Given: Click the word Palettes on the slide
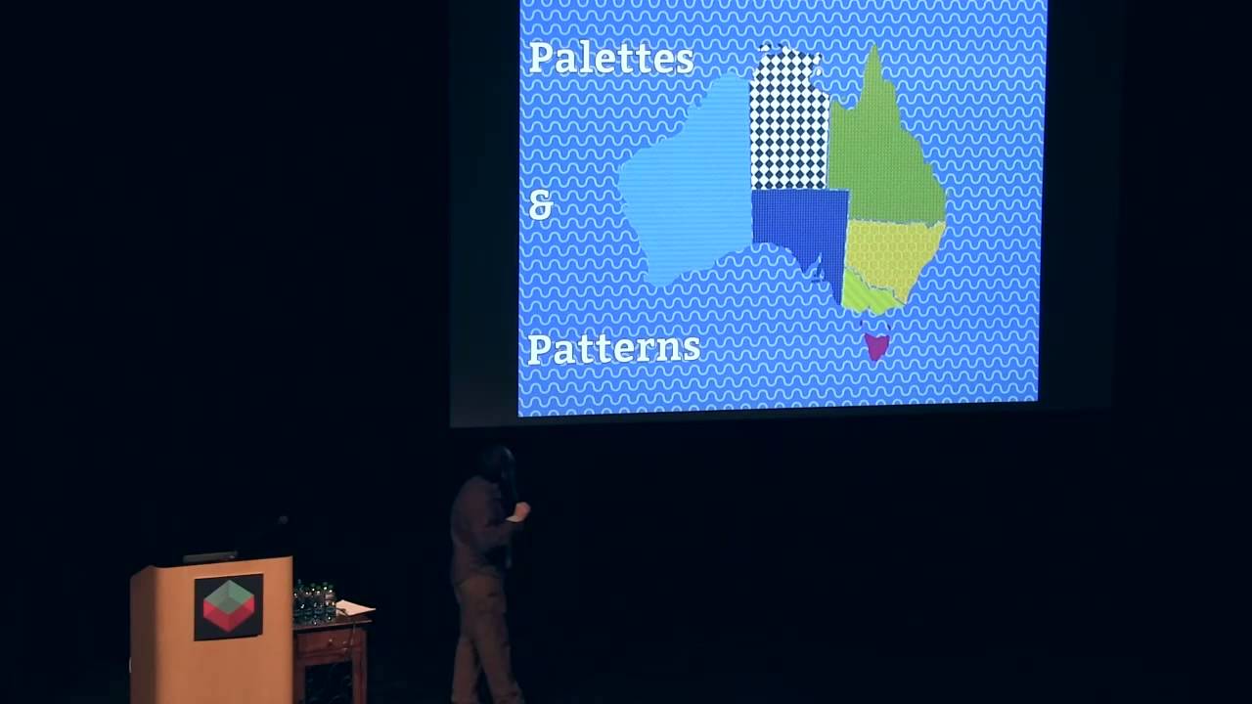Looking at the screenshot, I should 611,59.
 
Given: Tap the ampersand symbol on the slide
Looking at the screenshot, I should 540,204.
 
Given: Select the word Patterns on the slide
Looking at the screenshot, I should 614,348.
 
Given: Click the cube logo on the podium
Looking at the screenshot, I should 228,606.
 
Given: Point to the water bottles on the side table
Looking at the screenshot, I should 314,601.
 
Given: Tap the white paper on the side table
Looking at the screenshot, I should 354,608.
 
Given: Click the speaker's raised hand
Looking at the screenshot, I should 522,510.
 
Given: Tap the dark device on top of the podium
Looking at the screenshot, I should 210,556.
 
